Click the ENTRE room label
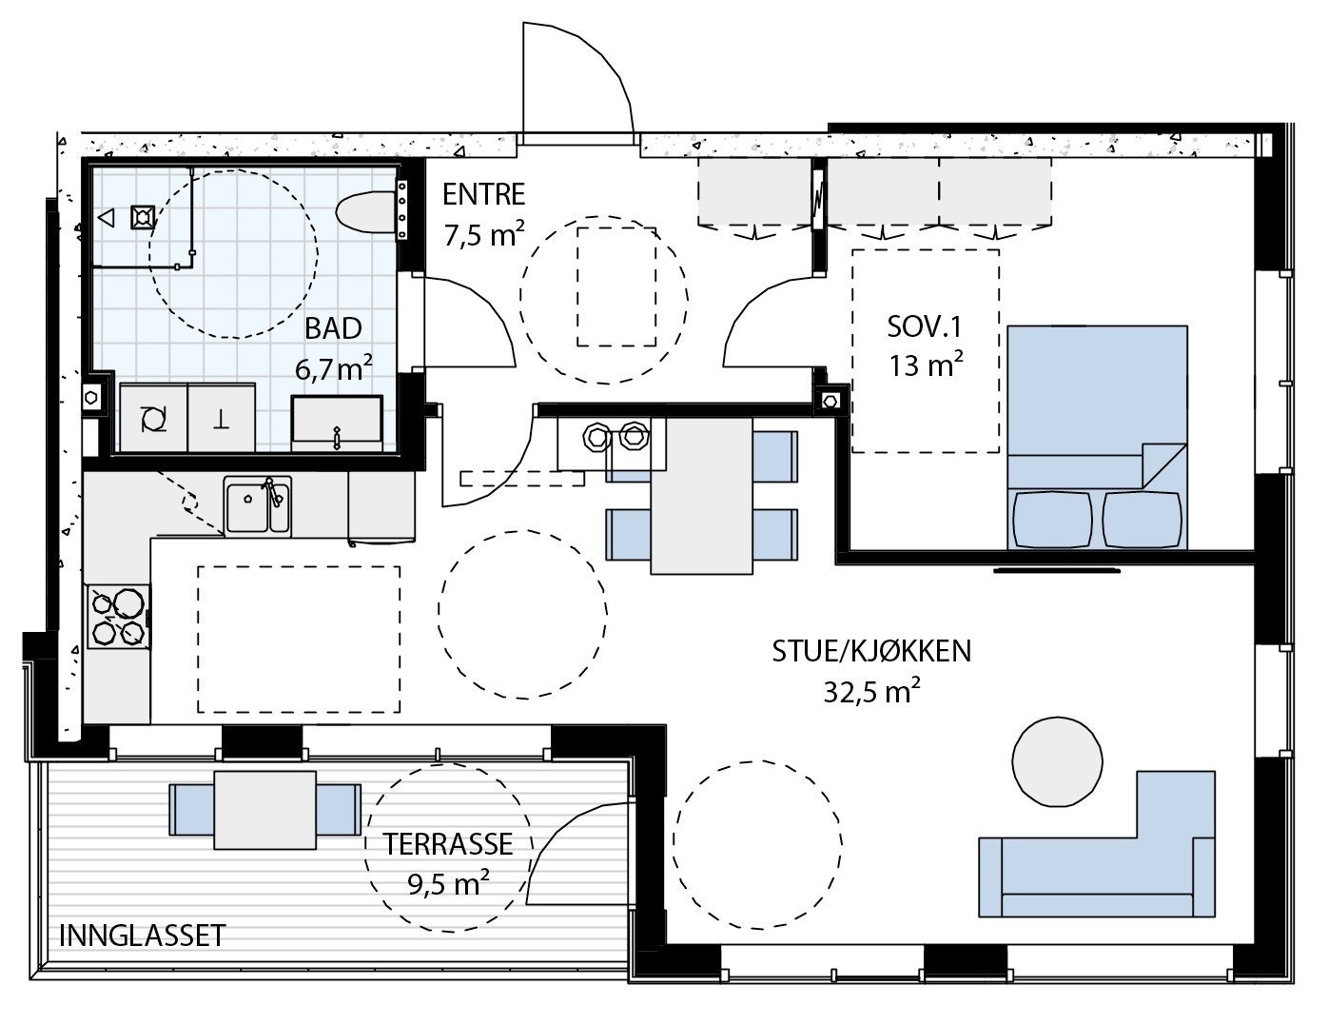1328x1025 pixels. (x=483, y=194)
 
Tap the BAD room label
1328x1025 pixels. (x=333, y=329)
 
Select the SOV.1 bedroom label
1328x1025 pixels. (x=925, y=327)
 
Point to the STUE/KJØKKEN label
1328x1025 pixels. (x=871, y=652)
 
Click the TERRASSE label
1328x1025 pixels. (x=448, y=844)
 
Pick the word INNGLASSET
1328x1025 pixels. (x=143, y=936)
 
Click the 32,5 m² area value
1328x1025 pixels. (x=871, y=691)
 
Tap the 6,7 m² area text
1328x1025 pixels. (x=334, y=368)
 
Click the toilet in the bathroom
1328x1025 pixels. (x=365, y=212)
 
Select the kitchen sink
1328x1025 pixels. (x=257, y=506)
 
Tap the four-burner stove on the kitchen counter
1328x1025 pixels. (x=119, y=617)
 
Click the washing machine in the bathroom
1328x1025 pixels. (x=154, y=418)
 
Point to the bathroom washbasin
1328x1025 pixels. (x=338, y=423)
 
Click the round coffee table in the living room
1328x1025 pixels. (x=1057, y=761)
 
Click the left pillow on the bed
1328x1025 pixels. (x=1053, y=521)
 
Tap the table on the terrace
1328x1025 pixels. (x=265, y=810)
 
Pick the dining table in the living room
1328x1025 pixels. (x=702, y=496)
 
